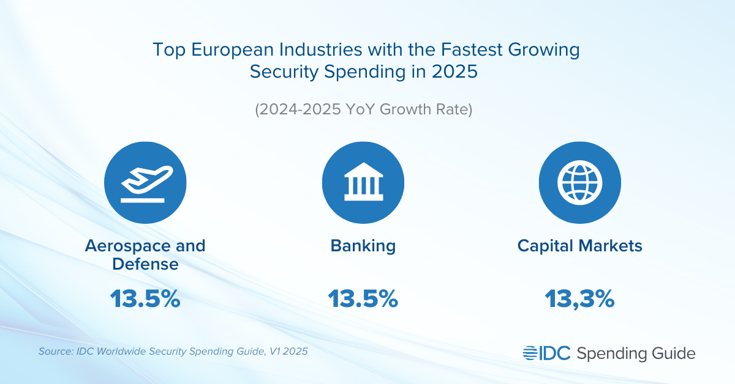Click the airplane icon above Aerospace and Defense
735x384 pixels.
click(145, 183)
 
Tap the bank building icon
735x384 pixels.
click(363, 183)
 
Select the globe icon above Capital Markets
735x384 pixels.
click(579, 183)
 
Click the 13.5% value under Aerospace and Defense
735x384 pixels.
click(145, 299)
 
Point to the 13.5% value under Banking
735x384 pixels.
click(363, 299)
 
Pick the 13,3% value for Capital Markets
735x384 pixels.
click(579, 299)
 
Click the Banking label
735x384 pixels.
click(363, 246)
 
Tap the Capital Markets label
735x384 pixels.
click(579, 246)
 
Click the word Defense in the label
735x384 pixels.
click(145, 265)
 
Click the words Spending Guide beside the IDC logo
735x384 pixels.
click(636, 353)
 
